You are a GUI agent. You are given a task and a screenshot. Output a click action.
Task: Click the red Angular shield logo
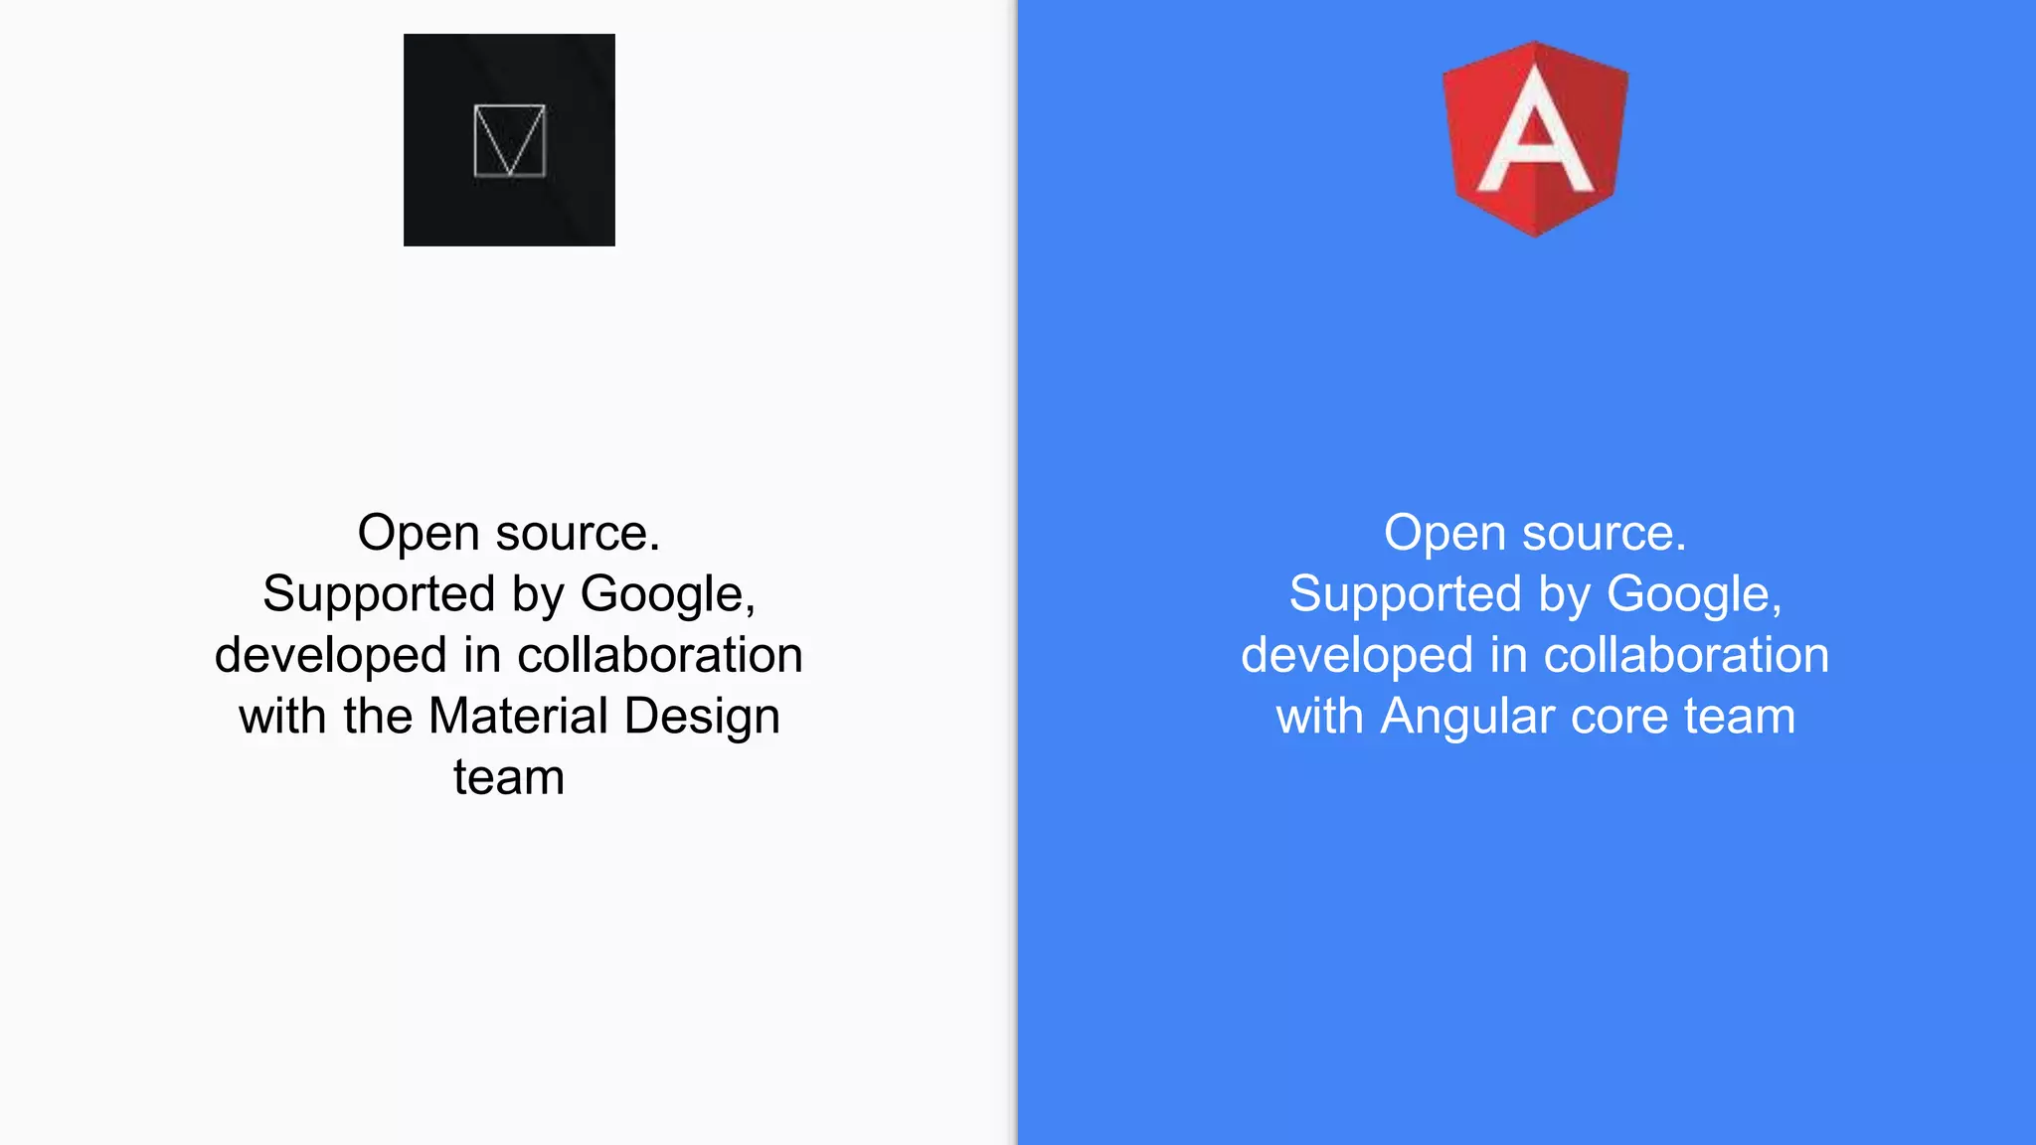tap(1535, 139)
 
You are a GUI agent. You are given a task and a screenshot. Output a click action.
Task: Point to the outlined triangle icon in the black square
tap(509, 140)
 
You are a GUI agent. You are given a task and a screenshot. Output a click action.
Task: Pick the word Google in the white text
tap(1691, 595)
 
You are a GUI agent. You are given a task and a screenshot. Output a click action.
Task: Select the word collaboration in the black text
tap(659, 655)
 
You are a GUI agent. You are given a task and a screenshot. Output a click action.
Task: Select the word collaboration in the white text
tap(1686, 655)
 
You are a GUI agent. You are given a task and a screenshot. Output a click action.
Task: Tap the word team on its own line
tap(509, 777)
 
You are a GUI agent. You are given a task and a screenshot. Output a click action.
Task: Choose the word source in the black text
tap(578, 534)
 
